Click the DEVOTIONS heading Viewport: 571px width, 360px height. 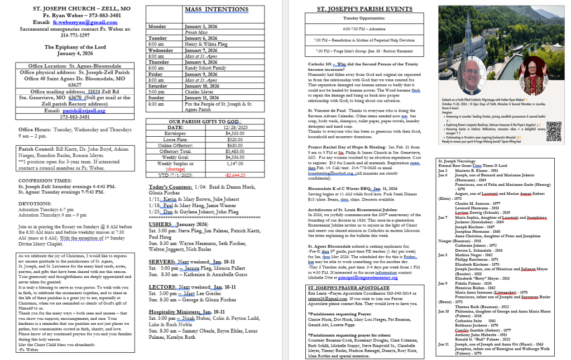coord(35,204)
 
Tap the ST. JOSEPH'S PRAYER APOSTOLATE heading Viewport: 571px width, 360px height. coord(348,287)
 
